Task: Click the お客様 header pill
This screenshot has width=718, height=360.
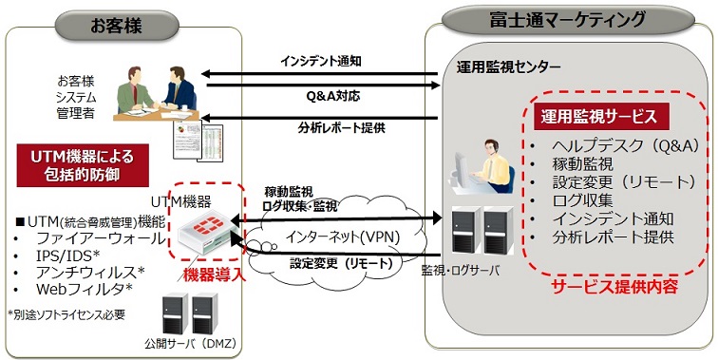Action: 116,25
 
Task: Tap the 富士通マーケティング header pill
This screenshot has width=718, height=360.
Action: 567,20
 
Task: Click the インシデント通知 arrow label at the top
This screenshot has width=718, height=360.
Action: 321,61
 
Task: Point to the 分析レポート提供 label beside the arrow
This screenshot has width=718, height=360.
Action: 341,128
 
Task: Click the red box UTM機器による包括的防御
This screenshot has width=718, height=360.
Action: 83,165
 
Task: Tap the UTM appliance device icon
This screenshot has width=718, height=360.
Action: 207,233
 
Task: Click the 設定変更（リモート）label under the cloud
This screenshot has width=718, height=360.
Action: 342,263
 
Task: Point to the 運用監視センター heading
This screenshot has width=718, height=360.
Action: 508,67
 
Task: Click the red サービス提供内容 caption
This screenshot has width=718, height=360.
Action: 614,287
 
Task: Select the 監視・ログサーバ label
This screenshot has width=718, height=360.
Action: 461,271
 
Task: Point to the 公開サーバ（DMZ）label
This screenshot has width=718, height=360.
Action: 191,343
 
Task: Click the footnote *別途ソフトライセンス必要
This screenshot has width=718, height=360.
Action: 66,314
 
